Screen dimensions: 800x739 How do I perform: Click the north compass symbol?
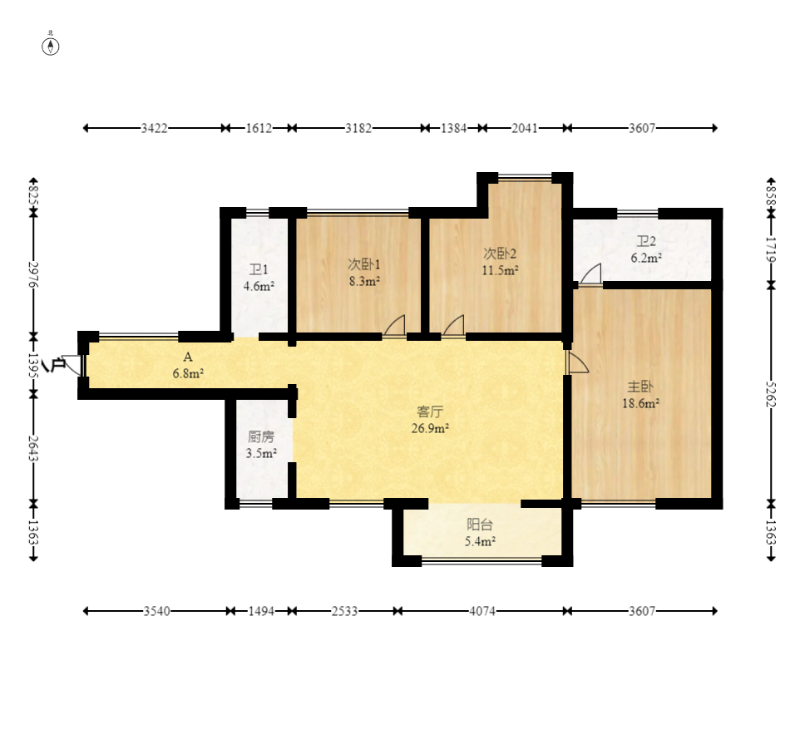point(51,47)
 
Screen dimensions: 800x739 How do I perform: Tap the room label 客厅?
point(430,411)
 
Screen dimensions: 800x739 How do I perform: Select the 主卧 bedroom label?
point(640,386)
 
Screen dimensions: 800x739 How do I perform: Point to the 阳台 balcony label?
point(480,525)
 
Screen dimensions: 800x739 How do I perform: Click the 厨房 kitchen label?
point(261,436)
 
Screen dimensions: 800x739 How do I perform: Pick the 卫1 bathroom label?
point(259,269)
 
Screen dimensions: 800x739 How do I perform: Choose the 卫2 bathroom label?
point(646,241)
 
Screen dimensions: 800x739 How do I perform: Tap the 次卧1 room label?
point(363,264)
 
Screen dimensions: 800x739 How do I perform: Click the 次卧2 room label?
point(500,253)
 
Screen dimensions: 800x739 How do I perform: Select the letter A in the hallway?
point(188,357)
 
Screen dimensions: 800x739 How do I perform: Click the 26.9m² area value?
point(430,428)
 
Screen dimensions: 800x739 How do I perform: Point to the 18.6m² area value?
point(641,403)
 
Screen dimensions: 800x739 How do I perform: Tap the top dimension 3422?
point(154,128)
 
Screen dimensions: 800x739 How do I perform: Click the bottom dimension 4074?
point(482,610)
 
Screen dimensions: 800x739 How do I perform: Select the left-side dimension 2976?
point(33,275)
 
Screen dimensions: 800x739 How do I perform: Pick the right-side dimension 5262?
point(771,394)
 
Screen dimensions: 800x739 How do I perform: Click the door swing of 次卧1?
point(394,326)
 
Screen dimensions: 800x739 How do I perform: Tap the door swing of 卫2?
point(590,273)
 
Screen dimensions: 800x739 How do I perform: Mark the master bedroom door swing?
point(579,362)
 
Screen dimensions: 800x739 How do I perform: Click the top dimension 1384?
point(453,128)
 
